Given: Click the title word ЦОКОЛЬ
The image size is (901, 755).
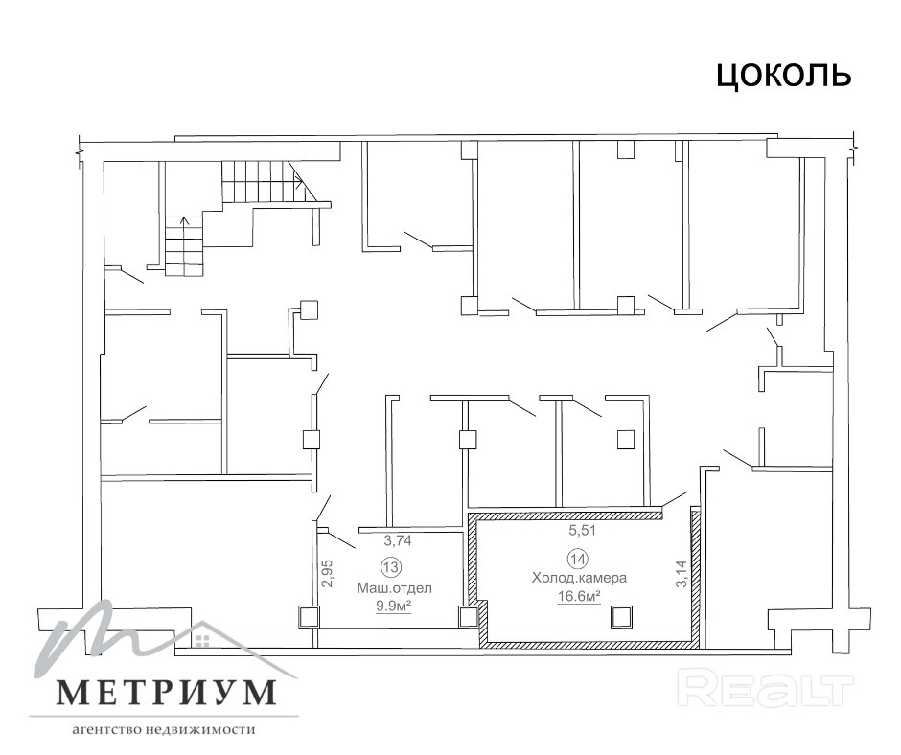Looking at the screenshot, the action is pos(783,76).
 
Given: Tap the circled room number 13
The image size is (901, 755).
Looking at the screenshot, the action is pos(391,567).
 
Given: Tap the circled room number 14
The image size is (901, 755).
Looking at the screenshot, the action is pos(577,558).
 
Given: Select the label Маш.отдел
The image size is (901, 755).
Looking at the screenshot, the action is pos(395,588).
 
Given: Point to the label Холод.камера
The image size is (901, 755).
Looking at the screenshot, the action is pos(579,578).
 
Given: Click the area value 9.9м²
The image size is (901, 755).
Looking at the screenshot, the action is pos(394,606).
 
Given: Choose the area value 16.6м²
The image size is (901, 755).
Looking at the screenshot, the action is pos(579,596).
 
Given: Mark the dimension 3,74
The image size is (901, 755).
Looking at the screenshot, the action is pos(398,540).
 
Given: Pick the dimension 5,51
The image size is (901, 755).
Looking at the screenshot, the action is pos(583,531).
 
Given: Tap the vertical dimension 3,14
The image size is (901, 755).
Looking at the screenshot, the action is pos(681,573).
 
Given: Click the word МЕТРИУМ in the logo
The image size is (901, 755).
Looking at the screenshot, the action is pos(166,693).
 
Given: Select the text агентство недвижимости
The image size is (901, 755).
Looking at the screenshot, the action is pos(163,730).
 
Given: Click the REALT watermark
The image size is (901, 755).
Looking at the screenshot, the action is pos(766,687).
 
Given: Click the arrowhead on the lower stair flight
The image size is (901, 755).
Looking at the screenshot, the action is pos(184,220).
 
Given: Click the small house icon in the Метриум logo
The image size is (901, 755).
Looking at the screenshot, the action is pos(201,641).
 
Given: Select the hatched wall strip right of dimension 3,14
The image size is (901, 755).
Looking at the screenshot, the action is pos(695,578).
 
